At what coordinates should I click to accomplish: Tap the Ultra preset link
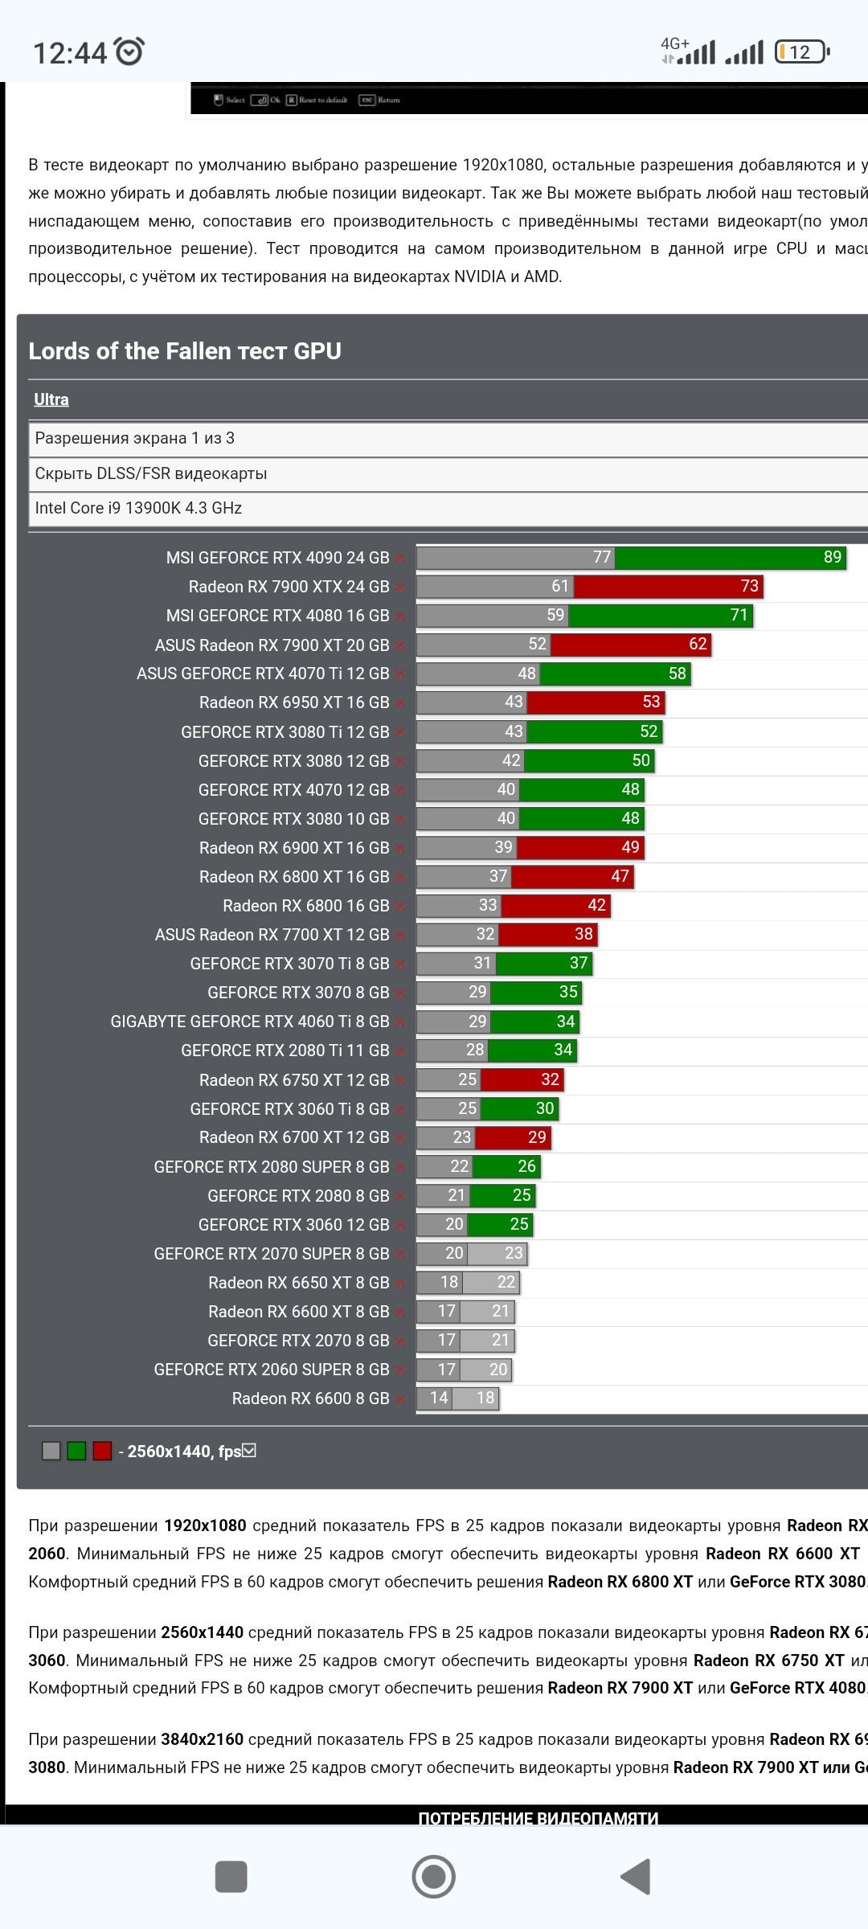[x=51, y=399]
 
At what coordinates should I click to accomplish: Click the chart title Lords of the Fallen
[x=185, y=351]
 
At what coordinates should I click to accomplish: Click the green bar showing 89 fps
[x=731, y=558]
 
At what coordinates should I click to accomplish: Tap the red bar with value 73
[x=667, y=587]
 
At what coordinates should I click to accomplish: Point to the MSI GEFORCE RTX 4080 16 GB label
[x=277, y=616]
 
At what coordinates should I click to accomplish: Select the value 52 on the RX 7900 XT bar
[x=537, y=644]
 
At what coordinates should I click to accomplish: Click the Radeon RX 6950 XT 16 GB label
[x=294, y=702]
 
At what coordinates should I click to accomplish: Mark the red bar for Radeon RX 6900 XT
[x=580, y=847]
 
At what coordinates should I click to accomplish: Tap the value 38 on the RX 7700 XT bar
[x=583, y=934]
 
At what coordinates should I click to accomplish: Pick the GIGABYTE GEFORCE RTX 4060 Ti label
[x=250, y=1022]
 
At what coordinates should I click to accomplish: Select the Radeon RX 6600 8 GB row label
[x=310, y=1399]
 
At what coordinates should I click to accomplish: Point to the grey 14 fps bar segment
[x=435, y=1399]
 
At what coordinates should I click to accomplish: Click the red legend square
[x=102, y=1451]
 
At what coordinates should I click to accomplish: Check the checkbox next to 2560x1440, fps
[x=249, y=1450]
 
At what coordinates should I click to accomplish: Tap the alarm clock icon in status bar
[x=129, y=51]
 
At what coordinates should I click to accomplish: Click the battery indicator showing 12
[x=801, y=52]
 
